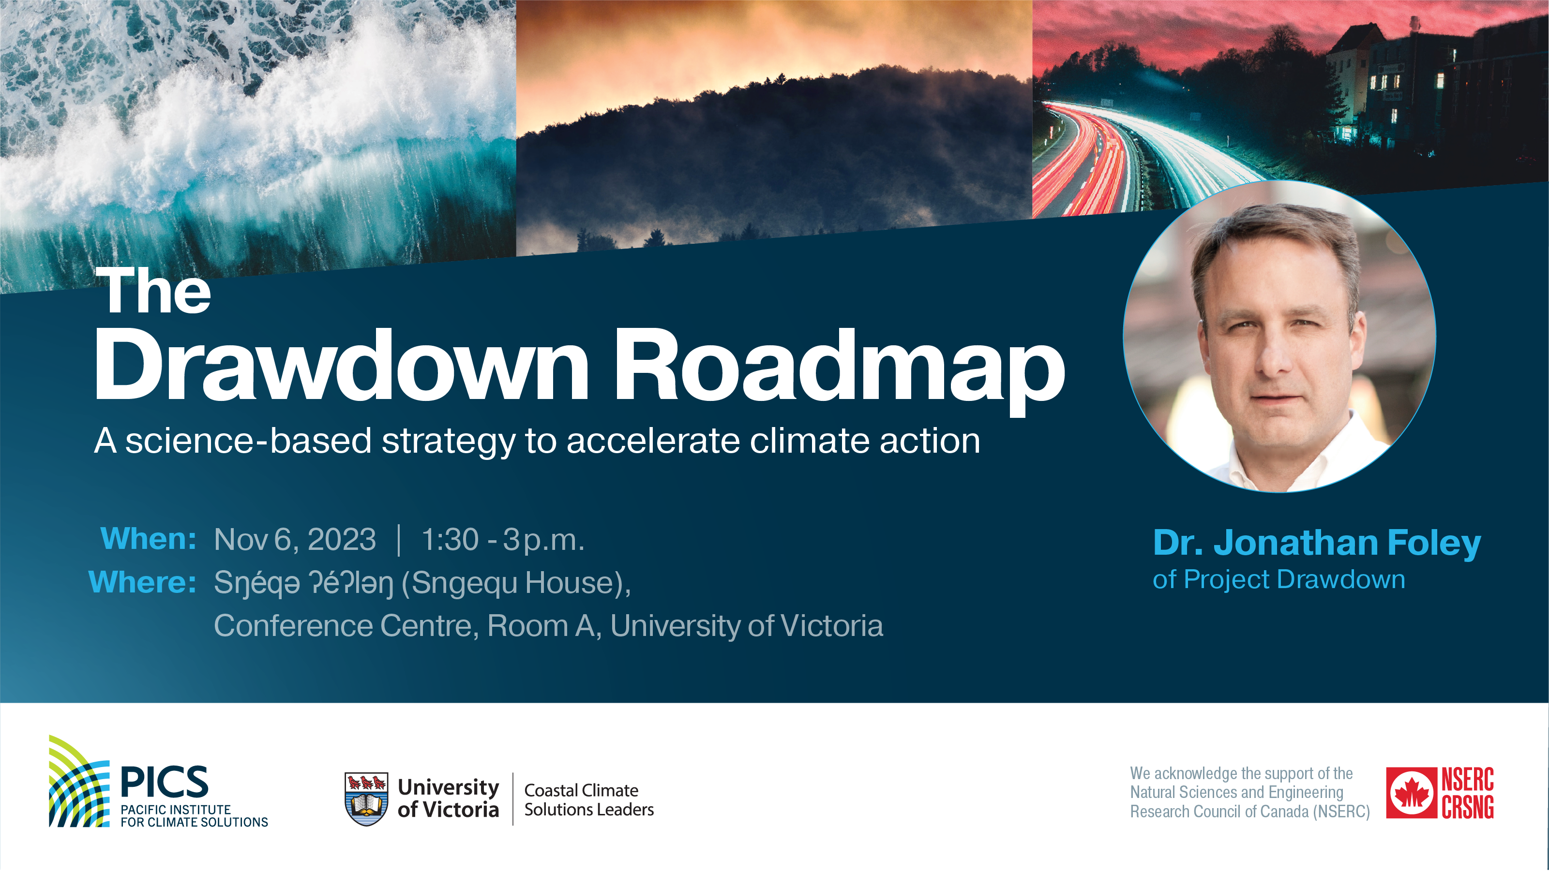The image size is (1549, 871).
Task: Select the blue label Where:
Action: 143,582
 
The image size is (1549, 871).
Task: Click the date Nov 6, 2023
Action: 295,539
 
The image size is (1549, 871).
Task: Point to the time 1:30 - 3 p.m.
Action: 503,540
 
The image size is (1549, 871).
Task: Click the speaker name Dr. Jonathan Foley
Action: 1317,544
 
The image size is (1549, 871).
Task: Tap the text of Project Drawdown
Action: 1279,580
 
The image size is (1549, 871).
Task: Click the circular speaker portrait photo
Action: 1279,337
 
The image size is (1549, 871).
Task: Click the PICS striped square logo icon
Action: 79,781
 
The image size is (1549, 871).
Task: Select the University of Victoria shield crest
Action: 366,799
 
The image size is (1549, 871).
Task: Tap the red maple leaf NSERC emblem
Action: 1411,793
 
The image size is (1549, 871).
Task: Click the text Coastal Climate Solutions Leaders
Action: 589,800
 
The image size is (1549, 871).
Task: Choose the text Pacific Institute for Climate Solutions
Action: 194,816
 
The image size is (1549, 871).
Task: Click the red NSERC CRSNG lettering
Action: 1467,793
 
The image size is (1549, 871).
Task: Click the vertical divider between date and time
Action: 399,540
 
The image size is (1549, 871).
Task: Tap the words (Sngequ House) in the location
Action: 516,584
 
